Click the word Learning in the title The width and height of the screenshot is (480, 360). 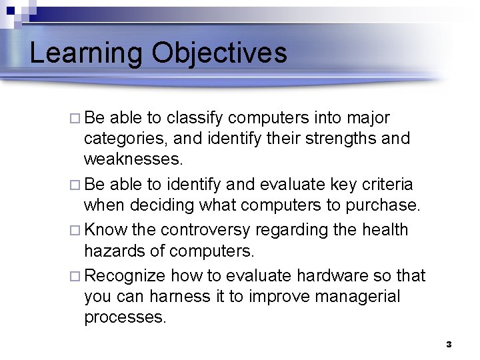pos(85,54)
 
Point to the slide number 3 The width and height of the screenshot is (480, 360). pos(449,345)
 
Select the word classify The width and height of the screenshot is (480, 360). pos(195,119)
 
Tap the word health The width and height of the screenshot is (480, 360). pos(385,229)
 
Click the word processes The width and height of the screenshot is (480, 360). pos(125,317)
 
